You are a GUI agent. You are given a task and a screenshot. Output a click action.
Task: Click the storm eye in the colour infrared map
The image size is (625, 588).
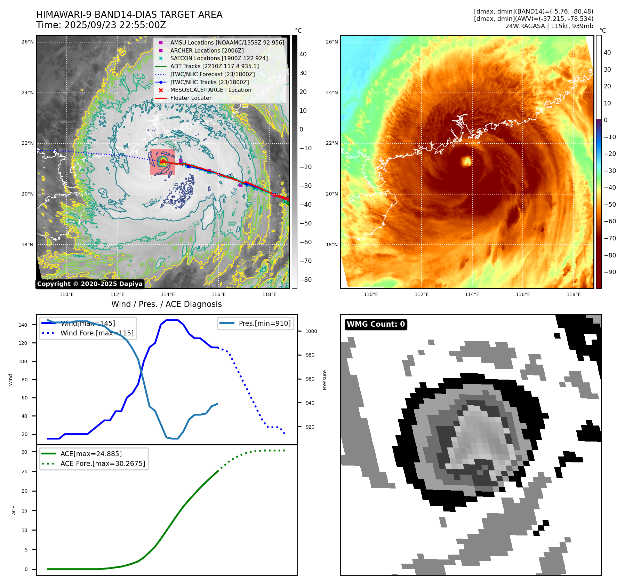(x=466, y=161)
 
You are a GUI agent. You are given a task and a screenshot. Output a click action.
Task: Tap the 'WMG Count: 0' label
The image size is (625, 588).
(x=376, y=324)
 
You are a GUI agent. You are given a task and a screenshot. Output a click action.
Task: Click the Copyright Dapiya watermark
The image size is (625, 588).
(x=90, y=284)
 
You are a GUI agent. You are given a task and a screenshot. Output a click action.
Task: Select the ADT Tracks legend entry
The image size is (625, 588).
(x=214, y=66)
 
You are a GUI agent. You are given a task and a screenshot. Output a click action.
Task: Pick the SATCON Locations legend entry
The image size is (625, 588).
(x=219, y=58)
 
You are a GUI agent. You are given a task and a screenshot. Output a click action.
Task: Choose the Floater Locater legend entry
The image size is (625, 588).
(x=191, y=98)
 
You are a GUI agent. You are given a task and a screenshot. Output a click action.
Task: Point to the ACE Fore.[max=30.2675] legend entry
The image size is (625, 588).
(x=103, y=463)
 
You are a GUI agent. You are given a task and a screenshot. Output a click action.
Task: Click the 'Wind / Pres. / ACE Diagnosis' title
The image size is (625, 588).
(x=166, y=304)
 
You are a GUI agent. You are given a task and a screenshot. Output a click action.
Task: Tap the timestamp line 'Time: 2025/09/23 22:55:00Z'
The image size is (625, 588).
(x=101, y=25)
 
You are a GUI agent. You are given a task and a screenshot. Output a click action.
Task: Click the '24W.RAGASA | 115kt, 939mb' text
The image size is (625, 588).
(x=549, y=26)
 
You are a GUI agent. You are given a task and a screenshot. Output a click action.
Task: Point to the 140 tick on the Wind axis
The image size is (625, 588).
(x=23, y=325)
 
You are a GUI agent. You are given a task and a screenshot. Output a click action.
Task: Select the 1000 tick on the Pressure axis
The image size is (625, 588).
(x=311, y=331)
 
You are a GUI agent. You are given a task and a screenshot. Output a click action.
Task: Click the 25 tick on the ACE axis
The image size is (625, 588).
(x=24, y=471)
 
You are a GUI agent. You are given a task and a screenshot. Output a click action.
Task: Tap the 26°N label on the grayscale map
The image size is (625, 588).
(x=27, y=42)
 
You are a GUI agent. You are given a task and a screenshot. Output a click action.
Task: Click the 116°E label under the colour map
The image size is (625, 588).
(x=523, y=294)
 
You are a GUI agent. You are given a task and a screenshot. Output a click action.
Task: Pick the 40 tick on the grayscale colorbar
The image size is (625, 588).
(x=303, y=54)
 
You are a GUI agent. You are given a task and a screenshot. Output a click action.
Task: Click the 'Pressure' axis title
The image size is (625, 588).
(x=324, y=380)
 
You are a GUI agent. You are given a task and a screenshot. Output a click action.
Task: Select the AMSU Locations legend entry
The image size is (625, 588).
(x=227, y=42)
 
